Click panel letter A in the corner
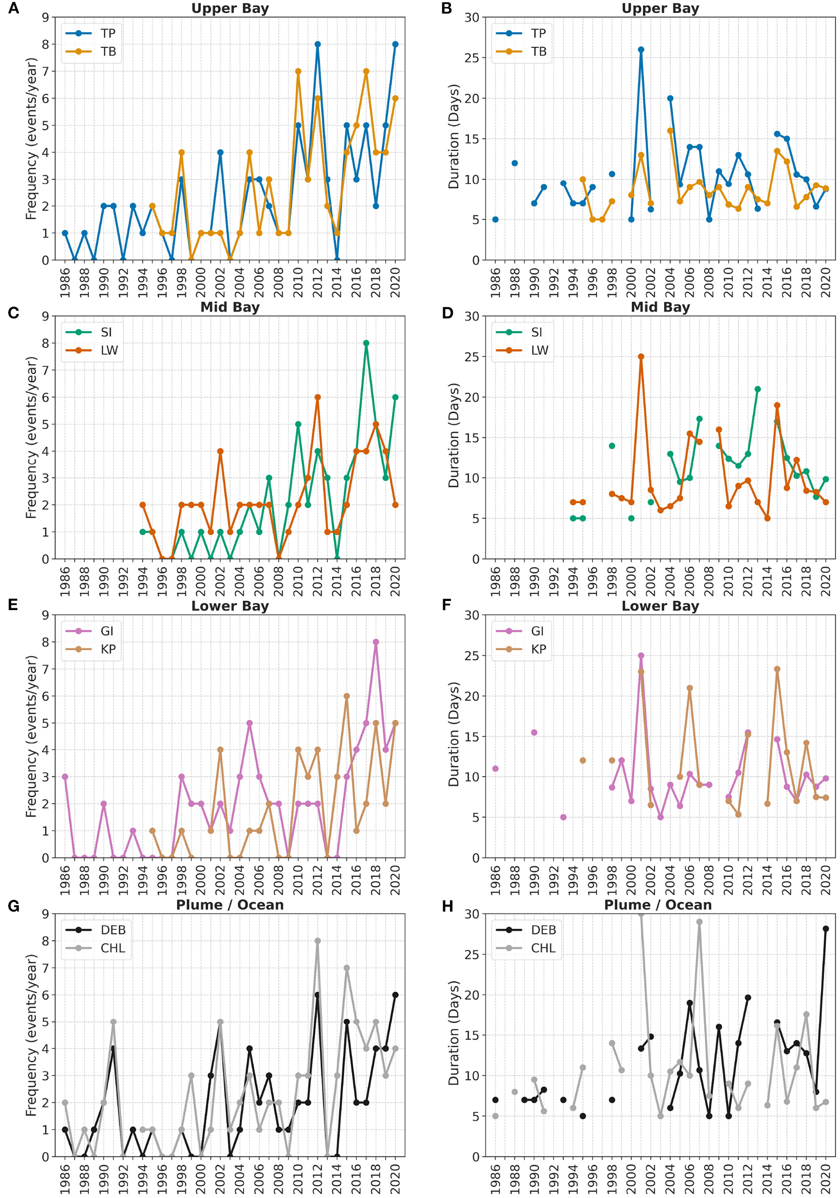click(x=14, y=8)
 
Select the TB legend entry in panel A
click(x=108, y=52)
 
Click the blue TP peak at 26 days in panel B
click(x=640, y=50)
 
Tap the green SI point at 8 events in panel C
click(x=366, y=343)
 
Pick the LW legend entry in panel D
click(x=539, y=351)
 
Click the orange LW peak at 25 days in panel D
click(x=640, y=357)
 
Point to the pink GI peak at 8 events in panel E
click(x=376, y=642)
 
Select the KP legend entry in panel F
click(x=538, y=650)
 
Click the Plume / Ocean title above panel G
click(x=230, y=905)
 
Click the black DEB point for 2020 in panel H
click(x=826, y=929)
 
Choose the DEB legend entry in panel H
click(x=543, y=930)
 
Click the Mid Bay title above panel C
click(x=230, y=307)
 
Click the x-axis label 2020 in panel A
click(x=395, y=282)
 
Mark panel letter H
click(x=448, y=906)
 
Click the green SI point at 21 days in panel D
click(x=757, y=389)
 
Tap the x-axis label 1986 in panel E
click(x=65, y=880)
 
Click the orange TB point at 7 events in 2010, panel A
click(x=298, y=71)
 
